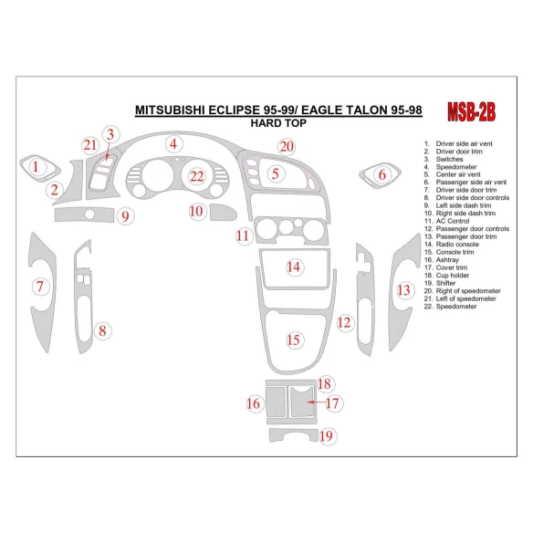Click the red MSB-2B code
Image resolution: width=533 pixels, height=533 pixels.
(471, 111)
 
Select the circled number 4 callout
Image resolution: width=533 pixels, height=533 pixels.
(172, 143)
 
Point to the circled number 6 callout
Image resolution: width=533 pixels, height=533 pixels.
(382, 174)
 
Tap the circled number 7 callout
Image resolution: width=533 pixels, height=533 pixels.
(40, 287)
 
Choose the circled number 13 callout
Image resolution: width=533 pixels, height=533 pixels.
(403, 289)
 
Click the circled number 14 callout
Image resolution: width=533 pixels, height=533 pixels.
(293, 266)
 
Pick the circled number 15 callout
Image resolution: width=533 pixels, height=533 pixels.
(293, 340)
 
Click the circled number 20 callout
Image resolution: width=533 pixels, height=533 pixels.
(287, 146)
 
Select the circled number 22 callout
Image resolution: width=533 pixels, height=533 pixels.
(196, 176)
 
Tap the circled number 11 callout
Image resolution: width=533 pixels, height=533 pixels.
(243, 235)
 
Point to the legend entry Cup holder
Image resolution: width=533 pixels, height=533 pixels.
(450, 275)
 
